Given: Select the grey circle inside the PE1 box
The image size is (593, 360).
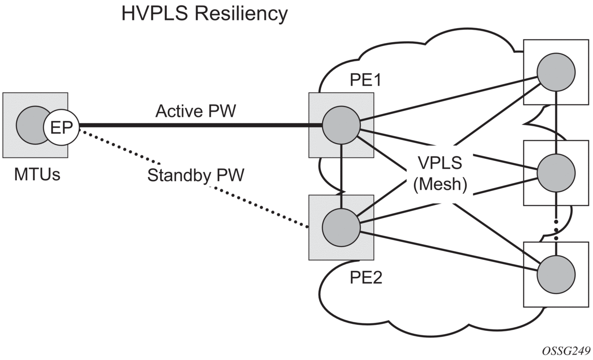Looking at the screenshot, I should click(x=341, y=126).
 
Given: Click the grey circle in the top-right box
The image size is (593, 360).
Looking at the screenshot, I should click(x=556, y=72).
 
